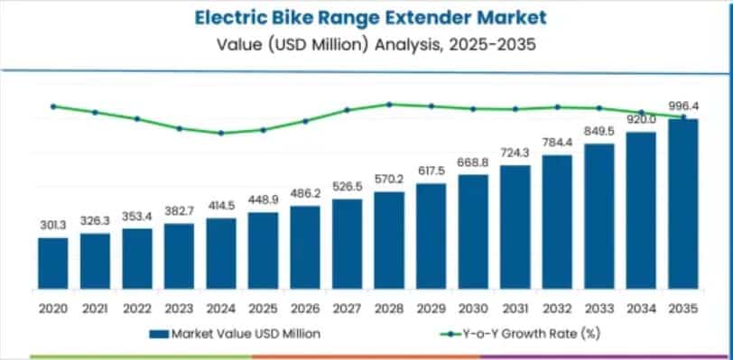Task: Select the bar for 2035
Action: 682,204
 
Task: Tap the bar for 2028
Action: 389,240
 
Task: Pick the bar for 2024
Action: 220,254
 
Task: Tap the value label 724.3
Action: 515,153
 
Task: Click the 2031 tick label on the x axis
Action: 515,308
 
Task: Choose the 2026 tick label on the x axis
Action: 304,308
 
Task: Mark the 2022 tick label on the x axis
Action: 136,308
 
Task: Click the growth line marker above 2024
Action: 220,134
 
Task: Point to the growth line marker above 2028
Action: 389,104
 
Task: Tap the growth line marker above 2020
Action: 52,106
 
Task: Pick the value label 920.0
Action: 641,120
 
